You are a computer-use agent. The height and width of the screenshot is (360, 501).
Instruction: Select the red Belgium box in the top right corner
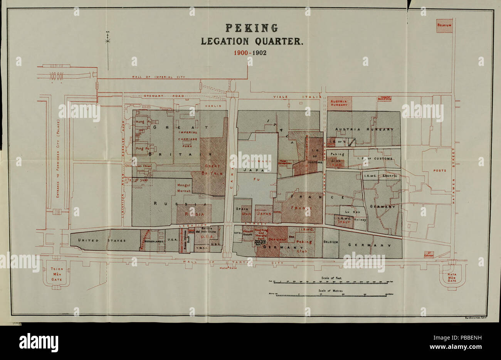point(444,25)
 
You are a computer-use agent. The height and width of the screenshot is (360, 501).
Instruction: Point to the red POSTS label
point(439,170)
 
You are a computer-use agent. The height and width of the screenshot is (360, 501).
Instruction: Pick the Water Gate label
point(228,268)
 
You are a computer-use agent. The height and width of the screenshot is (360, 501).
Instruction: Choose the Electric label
point(390,175)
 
